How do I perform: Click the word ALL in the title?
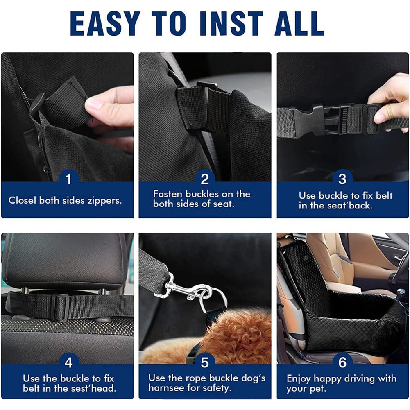click(x=299, y=24)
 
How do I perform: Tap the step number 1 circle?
click(x=68, y=179)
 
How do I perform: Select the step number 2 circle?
click(x=205, y=179)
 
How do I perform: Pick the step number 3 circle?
click(x=342, y=179)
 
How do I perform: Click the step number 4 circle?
click(x=68, y=362)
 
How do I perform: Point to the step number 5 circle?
click(x=205, y=362)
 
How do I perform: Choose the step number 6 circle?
click(x=342, y=362)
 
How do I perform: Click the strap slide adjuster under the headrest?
click(x=60, y=307)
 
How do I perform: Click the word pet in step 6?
click(x=317, y=388)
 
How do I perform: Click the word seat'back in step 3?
click(x=351, y=206)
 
